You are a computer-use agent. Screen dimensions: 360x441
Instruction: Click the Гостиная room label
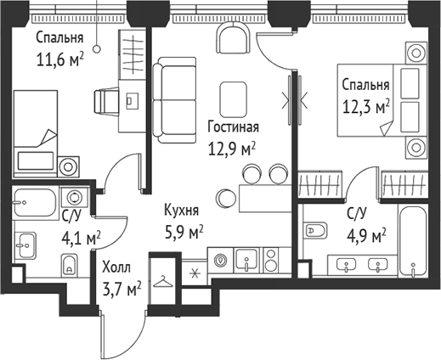tap(232, 127)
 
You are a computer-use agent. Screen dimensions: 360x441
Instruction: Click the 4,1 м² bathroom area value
tap(79, 238)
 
